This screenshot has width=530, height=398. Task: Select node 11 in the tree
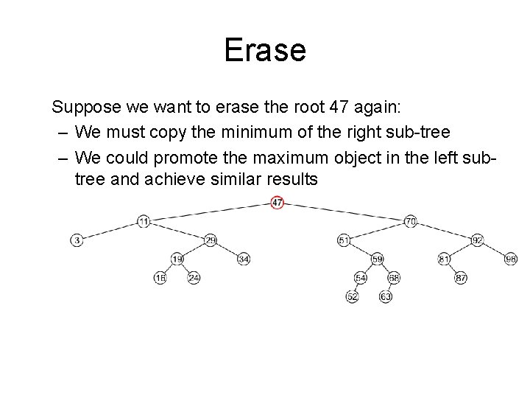pos(144,220)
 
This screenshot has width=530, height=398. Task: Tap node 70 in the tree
pos(411,220)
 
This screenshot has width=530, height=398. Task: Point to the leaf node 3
pos(77,240)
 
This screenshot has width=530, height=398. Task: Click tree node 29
pos(211,240)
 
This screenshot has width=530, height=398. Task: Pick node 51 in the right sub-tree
pos(344,240)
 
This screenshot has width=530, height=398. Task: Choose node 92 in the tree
pos(477,240)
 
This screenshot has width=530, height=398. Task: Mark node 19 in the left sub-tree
pos(177,259)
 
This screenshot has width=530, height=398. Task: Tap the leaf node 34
pos(244,259)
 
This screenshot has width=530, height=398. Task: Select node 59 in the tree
pos(378,259)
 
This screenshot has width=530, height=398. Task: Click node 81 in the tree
pos(444,259)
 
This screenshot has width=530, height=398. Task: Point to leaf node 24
pos(194,278)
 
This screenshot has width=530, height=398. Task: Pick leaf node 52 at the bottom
pos(353,297)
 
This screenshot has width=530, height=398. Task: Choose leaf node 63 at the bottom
pos(385,297)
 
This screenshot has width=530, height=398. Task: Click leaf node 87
pos(461,278)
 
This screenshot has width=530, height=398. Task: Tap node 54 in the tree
pos(361,278)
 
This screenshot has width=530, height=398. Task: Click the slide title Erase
pos(264,51)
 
